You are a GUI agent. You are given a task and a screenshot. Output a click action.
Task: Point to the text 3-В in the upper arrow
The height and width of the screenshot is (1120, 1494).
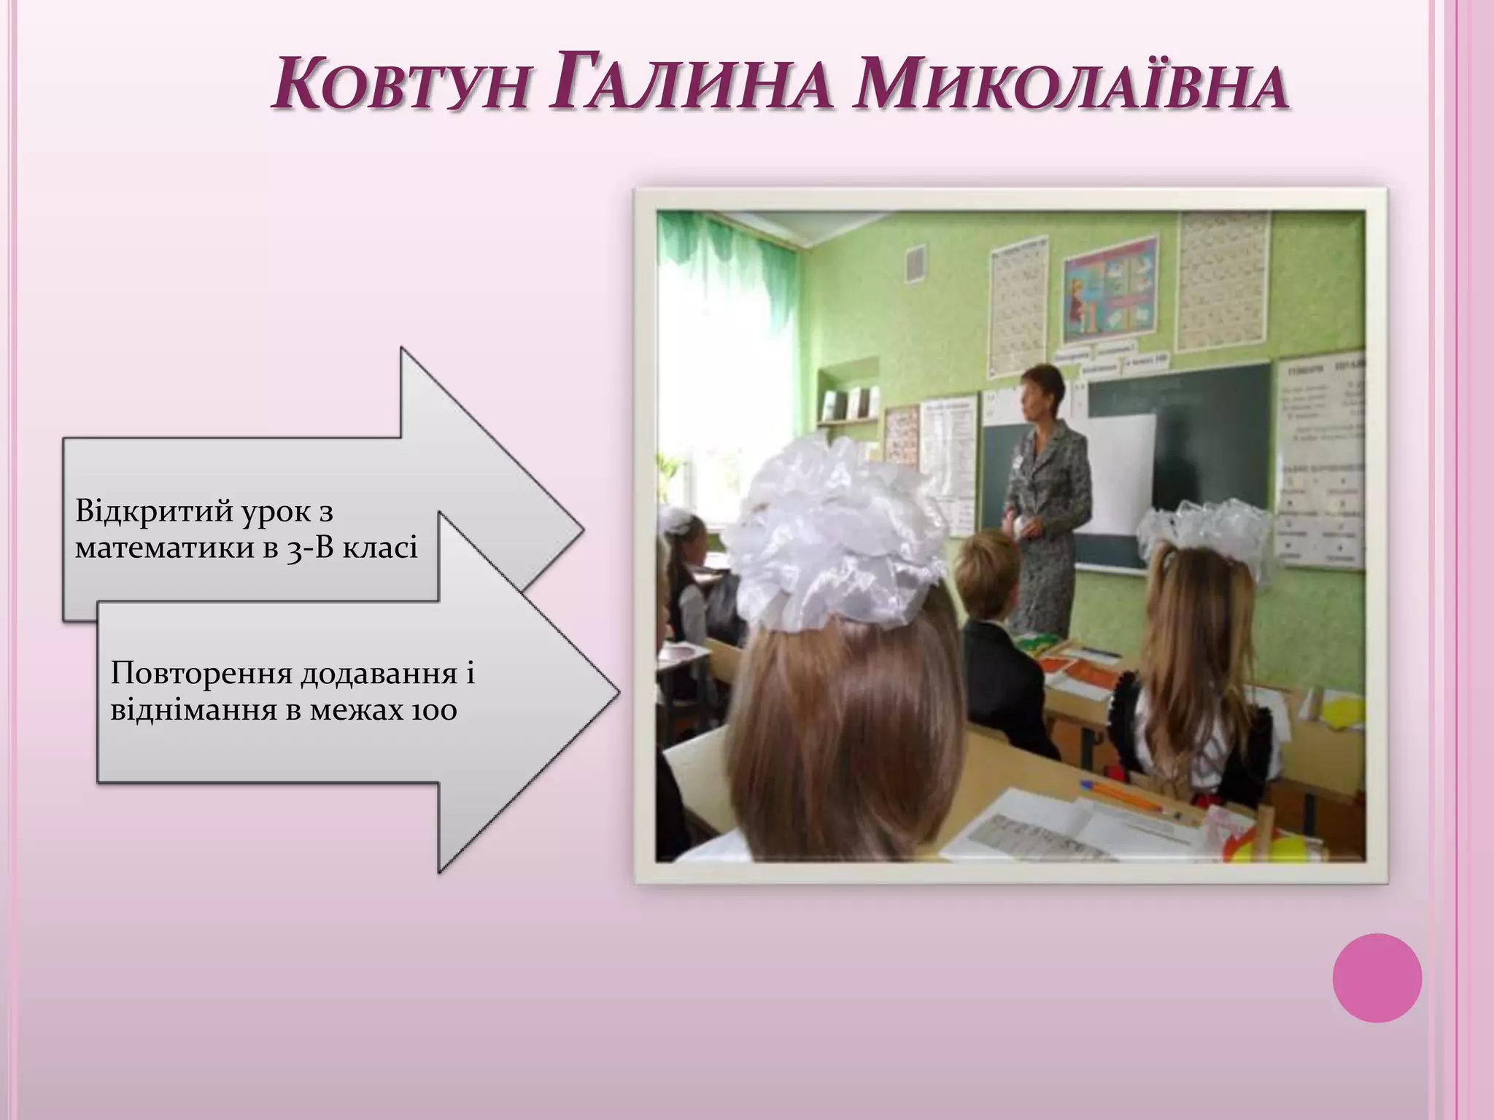[x=310, y=546]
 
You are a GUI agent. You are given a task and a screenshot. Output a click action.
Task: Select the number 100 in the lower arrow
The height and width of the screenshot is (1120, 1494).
[x=433, y=708]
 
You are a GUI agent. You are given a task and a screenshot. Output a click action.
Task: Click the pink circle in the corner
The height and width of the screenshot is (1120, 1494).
[x=1377, y=978]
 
